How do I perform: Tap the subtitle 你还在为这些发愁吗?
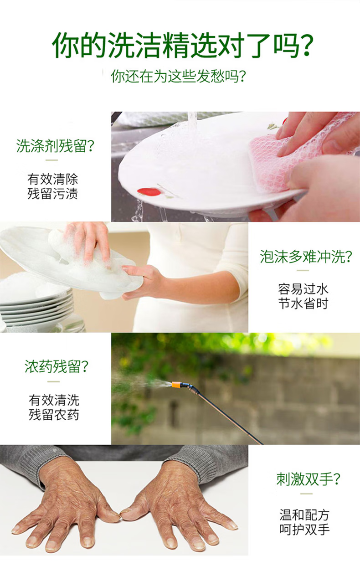179,76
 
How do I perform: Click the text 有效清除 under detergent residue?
52,179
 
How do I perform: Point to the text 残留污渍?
52,194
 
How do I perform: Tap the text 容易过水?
303,289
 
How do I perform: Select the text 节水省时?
303,304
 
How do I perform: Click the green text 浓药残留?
56,367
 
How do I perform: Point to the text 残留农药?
54,415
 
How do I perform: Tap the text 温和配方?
304,515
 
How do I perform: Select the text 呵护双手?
304,530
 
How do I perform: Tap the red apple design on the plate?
149,192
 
